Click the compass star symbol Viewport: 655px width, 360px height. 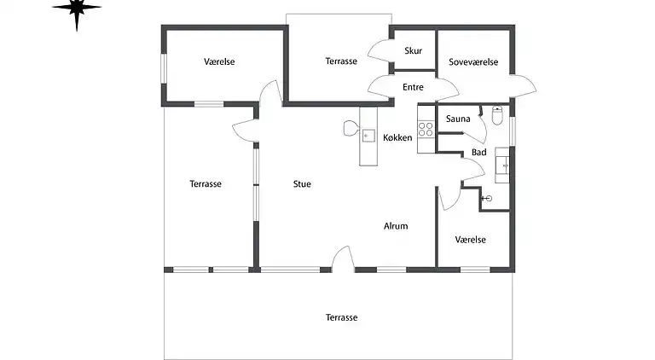pos(77,9)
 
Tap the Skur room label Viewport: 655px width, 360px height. pos(413,51)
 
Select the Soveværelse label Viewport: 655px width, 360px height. pos(473,61)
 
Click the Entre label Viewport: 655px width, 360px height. pos(413,87)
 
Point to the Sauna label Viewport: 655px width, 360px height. pos(458,119)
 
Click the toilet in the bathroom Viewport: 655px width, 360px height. pos(497,115)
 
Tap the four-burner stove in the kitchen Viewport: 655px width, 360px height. pos(426,129)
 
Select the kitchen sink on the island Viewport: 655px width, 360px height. pos(368,136)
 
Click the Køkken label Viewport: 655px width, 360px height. pos(397,137)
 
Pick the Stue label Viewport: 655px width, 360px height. pos(302,183)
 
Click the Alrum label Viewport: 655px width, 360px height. pos(396,226)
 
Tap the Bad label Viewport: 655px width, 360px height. pos(479,152)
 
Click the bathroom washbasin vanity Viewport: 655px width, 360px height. pos(502,165)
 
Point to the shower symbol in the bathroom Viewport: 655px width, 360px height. pos(487,199)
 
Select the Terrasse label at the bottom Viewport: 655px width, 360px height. pos(342,317)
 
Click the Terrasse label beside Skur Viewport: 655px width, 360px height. pos(341,61)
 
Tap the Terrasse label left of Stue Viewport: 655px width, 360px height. pos(206,183)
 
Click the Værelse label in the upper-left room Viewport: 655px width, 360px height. pos(219,61)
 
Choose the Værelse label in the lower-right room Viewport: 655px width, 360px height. pos(471,240)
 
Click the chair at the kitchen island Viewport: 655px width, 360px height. pos(351,128)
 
